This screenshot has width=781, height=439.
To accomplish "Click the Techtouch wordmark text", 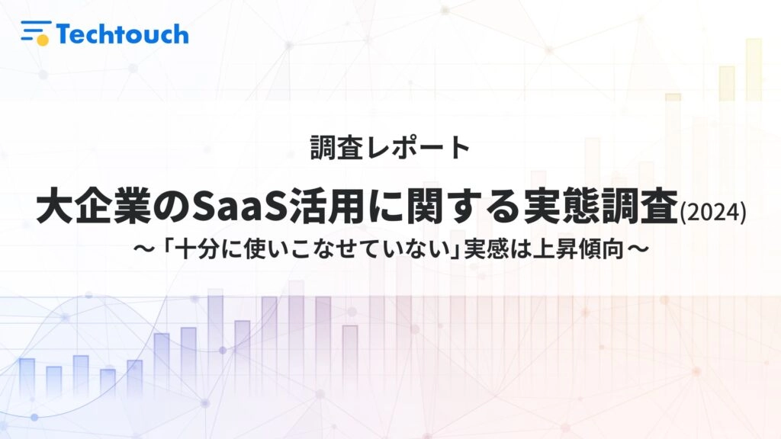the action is (123, 34).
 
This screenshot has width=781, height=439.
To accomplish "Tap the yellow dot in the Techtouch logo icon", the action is (43, 40).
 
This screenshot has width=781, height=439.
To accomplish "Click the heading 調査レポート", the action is (390, 147).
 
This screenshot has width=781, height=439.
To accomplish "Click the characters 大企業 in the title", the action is (94, 206).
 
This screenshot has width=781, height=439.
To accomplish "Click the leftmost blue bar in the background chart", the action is (27, 377).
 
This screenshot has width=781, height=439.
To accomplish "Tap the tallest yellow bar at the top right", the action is (754, 69).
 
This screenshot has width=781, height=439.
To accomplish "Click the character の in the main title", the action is (172, 206).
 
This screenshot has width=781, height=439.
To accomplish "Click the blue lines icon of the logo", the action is (35, 30).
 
